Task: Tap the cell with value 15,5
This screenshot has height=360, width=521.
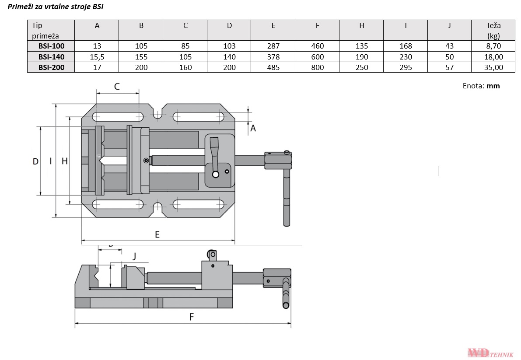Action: (97, 56)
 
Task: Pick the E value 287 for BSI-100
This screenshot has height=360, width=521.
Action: (273, 46)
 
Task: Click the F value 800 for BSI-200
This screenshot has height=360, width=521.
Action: (318, 67)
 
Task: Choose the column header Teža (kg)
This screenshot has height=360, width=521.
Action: (493, 31)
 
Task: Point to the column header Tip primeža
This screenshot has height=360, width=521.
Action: (45, 31)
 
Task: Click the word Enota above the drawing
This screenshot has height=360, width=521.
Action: (473, 86)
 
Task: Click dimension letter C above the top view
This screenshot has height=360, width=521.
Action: (117, 87)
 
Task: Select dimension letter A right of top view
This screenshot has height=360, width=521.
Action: (252, 128)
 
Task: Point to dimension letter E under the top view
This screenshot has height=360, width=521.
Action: (157, 234)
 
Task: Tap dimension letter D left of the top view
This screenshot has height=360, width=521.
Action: (35, 161)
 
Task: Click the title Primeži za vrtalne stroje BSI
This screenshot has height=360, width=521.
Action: (56, 7)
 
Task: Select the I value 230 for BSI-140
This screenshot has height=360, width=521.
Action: (406, 56)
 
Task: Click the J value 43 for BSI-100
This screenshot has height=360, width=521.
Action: (449, 46)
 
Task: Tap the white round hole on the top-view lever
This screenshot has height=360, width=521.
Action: (215, 175)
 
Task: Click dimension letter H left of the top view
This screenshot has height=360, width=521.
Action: (65, 161)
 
